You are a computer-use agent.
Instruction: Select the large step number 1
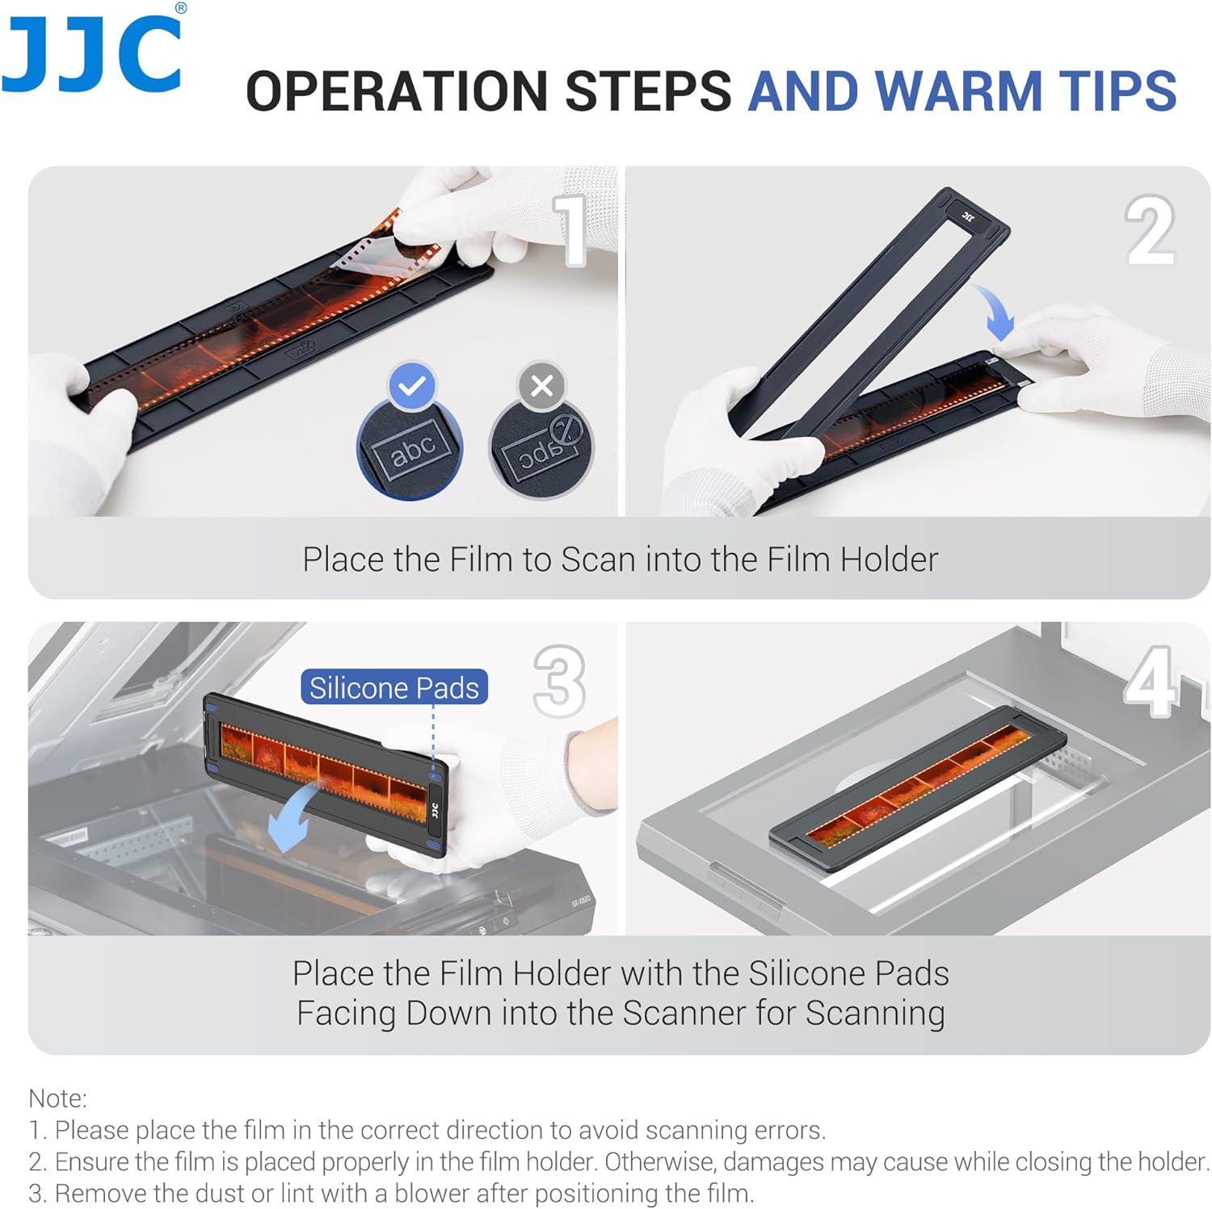[573, 229]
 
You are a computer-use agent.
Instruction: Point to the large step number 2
[1151, 229]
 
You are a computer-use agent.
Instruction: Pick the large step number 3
[559, 681]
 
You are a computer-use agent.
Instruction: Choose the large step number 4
[1151, 681]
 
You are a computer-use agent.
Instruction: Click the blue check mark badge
[412, 386]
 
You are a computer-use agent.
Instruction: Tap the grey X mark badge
[542, 386]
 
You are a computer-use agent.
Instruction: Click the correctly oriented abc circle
[410, 449]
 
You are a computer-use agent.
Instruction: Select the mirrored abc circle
[541, 449]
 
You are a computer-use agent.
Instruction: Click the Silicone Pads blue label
[394, 687]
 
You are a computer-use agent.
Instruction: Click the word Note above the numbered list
[57, 1098]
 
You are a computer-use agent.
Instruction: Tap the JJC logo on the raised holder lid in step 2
[968, 216]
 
